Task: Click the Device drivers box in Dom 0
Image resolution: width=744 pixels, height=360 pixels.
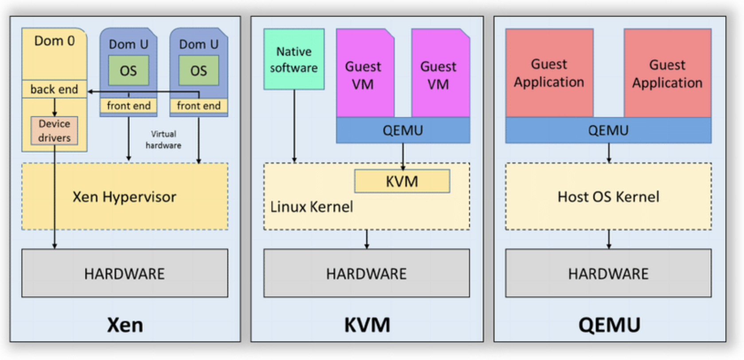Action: [54, 131]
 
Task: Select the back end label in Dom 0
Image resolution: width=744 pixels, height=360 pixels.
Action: [54, 90]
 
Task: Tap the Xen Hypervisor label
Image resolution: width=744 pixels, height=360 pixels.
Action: [125, 197]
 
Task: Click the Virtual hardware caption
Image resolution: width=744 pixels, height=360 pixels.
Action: [164, 140]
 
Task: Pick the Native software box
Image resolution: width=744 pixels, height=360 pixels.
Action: [294, 59]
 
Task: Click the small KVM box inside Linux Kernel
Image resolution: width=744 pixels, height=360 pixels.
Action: [402, 181]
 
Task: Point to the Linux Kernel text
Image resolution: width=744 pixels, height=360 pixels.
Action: [312, 207]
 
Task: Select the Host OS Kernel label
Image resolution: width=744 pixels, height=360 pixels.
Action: [608, 197]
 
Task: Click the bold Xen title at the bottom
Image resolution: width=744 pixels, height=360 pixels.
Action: [125, 325]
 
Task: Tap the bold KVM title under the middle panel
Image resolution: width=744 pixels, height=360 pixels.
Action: [367, 325]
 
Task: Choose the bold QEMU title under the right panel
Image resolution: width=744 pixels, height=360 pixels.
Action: [609, 325]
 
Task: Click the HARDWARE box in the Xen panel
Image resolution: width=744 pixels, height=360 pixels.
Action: [125, 274]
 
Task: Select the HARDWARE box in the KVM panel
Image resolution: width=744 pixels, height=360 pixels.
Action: [367, 274]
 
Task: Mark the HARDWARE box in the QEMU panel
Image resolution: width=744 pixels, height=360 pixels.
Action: [608, 274]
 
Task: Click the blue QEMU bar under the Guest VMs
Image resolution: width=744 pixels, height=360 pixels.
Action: [403, 130]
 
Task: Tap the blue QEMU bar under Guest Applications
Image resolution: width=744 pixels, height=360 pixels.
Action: [608, 130]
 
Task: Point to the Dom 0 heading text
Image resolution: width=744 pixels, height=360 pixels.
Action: [55, 41]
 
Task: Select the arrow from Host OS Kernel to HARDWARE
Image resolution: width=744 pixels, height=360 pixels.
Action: [609, 239]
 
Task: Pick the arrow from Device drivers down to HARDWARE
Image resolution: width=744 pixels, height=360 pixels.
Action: [55, 200]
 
